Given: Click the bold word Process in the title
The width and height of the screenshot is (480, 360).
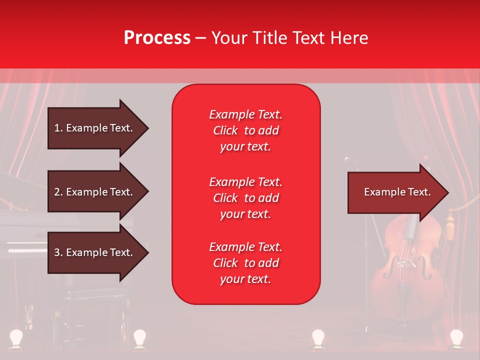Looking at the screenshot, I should [157, 38].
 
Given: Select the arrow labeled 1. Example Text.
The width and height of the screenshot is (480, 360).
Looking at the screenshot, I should [93, 128].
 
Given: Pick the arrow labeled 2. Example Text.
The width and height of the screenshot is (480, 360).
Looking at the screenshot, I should [93, 192].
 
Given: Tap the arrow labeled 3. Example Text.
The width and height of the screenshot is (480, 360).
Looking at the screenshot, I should [93, 252].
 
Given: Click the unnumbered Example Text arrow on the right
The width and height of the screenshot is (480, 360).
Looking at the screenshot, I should [397, 192].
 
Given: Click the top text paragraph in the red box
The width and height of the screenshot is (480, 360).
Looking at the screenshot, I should [245, 130].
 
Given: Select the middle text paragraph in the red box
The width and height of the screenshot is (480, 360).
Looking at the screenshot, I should [245, 198].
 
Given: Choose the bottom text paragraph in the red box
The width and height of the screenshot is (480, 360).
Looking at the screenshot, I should [245, 263].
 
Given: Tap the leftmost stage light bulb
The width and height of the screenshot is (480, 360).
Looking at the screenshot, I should [16, 337].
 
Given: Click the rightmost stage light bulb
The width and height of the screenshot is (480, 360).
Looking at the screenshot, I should [456, 337].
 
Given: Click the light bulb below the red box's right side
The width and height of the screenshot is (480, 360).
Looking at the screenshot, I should [318, 337].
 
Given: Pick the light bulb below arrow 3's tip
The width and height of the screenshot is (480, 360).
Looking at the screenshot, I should [139, 337].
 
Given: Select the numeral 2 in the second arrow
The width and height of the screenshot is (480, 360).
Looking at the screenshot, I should [57, 192].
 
